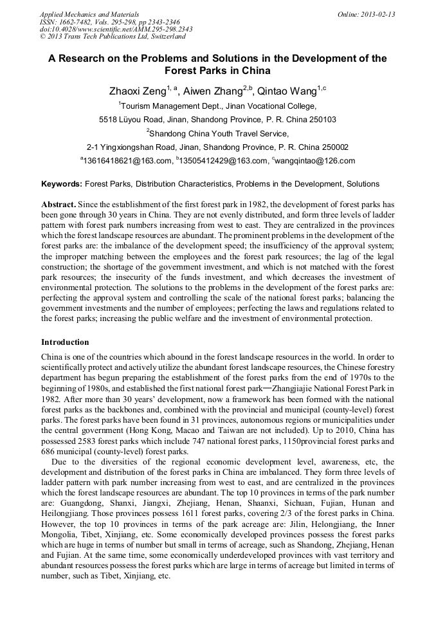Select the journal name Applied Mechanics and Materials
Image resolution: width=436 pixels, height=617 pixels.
(89, 14)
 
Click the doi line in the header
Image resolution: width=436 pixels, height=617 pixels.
(116, 30)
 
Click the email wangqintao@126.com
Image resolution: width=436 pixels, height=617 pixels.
(315, 161)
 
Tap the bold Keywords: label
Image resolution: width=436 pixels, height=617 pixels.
(62, 184)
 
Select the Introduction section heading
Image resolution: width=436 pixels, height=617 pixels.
(65, 342)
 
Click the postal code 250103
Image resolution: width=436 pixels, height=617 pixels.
(322, 120)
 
